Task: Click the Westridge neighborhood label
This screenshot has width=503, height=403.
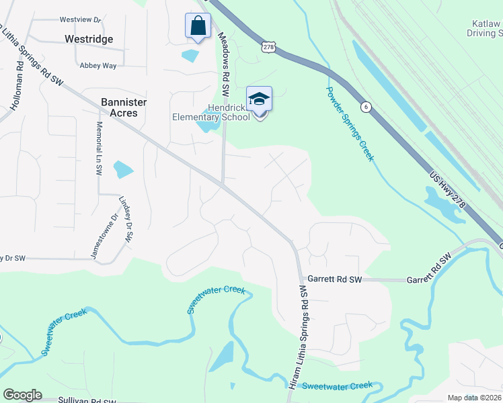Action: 89,40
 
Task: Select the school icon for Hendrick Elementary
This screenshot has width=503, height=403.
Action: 259,99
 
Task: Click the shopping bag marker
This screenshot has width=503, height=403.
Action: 198,27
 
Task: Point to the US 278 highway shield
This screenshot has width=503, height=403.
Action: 269,46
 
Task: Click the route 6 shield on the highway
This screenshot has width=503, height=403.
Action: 366,106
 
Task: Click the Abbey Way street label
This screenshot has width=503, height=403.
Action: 98,65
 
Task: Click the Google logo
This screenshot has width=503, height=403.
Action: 22,395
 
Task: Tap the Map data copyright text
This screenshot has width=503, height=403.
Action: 474,398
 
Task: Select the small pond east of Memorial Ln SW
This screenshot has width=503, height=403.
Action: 123,169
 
